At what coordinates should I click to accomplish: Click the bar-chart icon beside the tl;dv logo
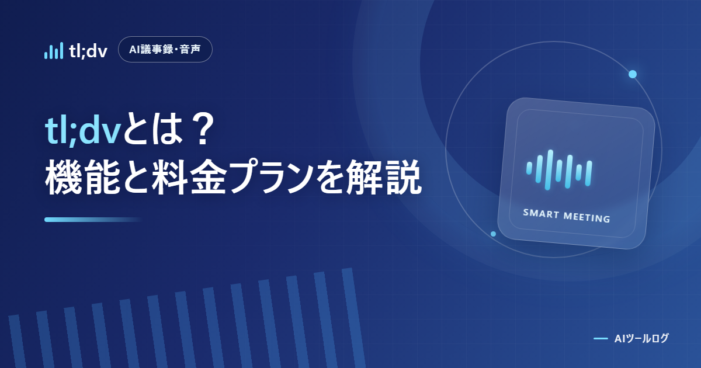click(54, 51)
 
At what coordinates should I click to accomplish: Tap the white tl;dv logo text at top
click(88, 51)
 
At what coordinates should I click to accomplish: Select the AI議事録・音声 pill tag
click(165, 50)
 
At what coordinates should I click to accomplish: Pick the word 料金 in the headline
click(189, 177)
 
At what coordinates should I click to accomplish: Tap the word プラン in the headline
click(270, 177)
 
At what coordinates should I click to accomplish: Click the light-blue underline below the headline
click(93, 220)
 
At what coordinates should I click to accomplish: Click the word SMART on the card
click(542, 214)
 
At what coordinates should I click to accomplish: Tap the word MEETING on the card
click(587, 217)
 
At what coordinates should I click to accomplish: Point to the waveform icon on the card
click(559, 170)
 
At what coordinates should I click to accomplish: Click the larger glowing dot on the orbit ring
click(633, 74)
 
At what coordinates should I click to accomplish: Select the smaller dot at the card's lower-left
click(493, 234)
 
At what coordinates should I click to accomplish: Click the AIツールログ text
click(641, 338)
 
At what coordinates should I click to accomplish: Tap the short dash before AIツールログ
click(601, 339)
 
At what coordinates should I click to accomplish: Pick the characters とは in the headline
click(153, 129)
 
